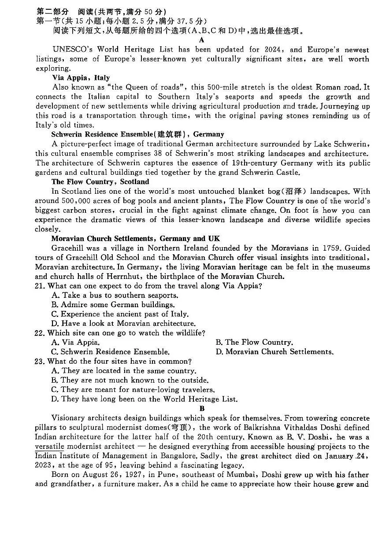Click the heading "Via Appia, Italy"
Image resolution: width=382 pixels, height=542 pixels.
(x=81, y=78)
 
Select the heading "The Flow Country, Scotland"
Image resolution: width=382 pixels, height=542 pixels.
(x=100, y=182)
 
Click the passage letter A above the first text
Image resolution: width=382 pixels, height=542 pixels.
(x=202, y=40)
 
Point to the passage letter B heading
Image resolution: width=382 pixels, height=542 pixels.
(x=202, y=409)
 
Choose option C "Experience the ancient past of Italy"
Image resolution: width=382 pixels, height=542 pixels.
(x=120, y=314)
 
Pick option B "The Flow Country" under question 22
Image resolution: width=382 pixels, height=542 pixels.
(x=254, y=343)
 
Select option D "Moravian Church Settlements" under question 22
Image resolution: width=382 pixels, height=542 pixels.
(x=274, y=352)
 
